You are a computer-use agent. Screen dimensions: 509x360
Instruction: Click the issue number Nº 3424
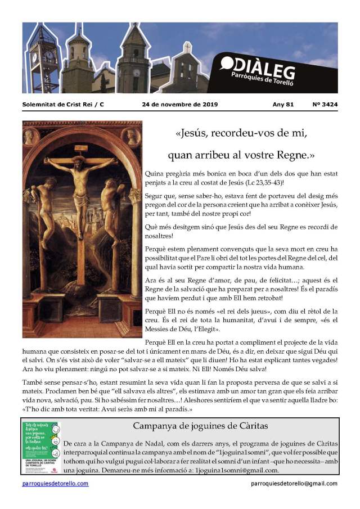point(325,105)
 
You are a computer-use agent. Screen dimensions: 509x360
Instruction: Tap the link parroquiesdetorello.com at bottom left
point(55,483)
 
